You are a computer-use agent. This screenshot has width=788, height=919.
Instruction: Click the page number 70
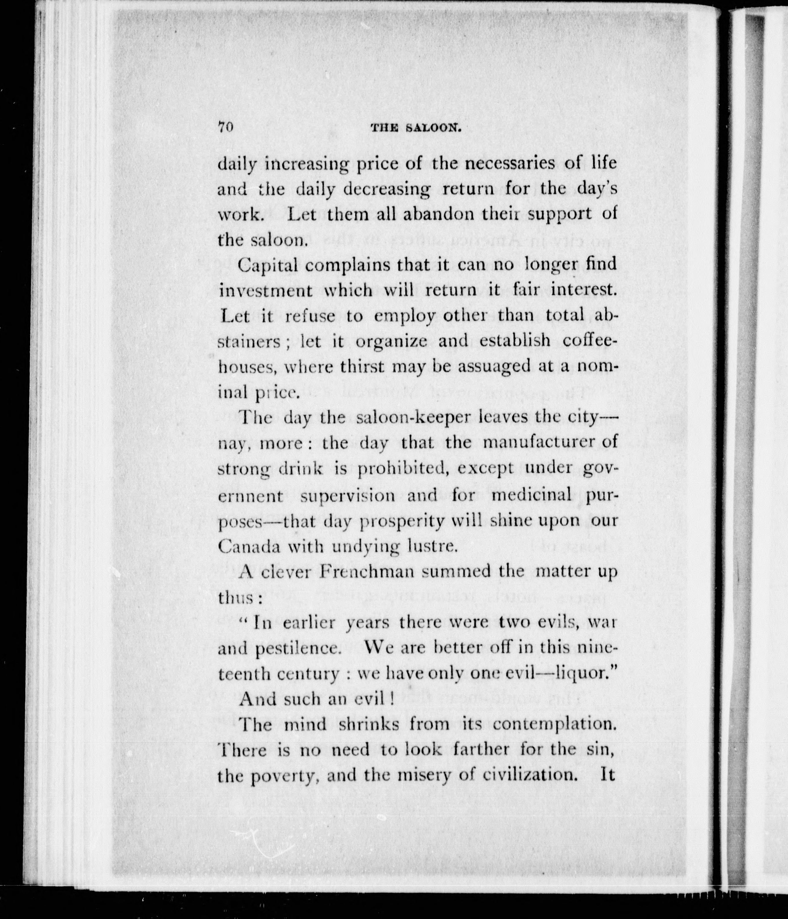pos(225,127)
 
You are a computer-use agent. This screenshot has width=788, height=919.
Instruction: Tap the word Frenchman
pos(367,572)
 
